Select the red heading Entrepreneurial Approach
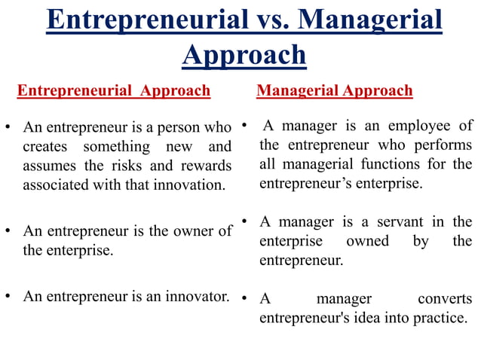pos(113,91)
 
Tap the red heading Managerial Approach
pos(334,91)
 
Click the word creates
pos(46,146)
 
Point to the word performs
pos(443,145)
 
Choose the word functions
pos(393,163)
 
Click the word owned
pos(367,241)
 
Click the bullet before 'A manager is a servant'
pos(245,221)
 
